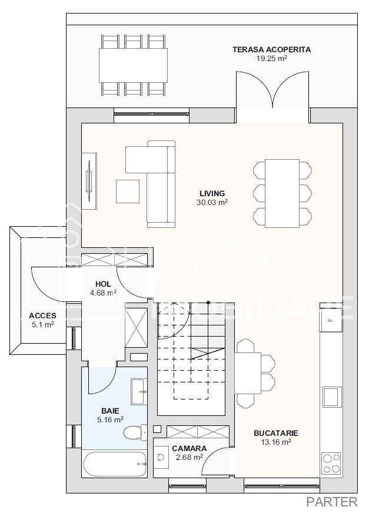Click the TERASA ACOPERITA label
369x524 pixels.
point(271,50)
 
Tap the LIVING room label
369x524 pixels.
point(212,193)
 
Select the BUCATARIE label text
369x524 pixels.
point(276,434)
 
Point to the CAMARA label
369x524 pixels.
point(190,448)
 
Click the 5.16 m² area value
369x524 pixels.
point(111,420)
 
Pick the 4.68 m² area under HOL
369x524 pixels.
point(103,293)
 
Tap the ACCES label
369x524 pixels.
point(42,316)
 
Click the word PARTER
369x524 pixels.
point(332,502)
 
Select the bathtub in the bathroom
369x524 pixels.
point(115,464)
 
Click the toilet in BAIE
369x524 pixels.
point(135,433)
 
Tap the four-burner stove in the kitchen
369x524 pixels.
point(331,463)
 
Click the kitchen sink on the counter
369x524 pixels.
point(332,397)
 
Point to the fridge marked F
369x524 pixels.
point(331,320)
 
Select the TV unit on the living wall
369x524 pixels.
point(89,181)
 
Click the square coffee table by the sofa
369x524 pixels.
point(128,192)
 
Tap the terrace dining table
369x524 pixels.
point(133,65)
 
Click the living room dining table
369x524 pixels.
point(282,193)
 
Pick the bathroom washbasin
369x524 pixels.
point(138,391)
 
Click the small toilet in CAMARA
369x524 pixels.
point(161,457)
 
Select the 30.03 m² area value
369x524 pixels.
point(212,202)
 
